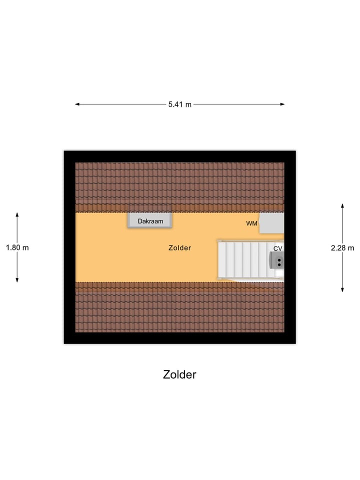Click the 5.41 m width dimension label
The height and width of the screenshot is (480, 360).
tap(179, 104)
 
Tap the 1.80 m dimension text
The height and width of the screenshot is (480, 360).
tap(17, 247)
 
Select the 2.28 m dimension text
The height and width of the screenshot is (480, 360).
tap(342, 248)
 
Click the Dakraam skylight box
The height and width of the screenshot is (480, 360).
tap(150, 220)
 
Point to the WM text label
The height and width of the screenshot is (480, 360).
tap(251, 223)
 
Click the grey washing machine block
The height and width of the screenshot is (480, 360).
tap(272, 223)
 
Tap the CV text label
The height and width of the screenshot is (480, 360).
tap(277, 248)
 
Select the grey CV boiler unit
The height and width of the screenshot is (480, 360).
tap(276, 260)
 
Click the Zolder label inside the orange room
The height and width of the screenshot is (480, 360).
tap(179, 248)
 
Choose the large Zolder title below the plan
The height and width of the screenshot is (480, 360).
tap(179, 374)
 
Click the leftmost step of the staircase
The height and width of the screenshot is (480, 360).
tap(222, 260)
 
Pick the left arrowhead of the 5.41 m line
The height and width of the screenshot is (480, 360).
tap(77, 104)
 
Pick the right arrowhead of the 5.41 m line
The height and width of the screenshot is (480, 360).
tap(282, 104)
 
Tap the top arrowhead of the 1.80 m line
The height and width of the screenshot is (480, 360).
tap(17, 214)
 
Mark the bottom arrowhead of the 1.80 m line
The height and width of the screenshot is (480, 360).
tap(17, 280)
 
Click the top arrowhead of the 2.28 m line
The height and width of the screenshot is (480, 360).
tap(342, 205)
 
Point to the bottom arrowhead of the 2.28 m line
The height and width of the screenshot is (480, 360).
tap(342, 289)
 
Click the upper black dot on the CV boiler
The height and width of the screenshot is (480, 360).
tap(279, 260)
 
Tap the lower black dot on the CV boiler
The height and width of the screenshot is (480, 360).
tap(279, 264)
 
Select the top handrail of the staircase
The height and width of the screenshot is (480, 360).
tap(250, 241)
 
